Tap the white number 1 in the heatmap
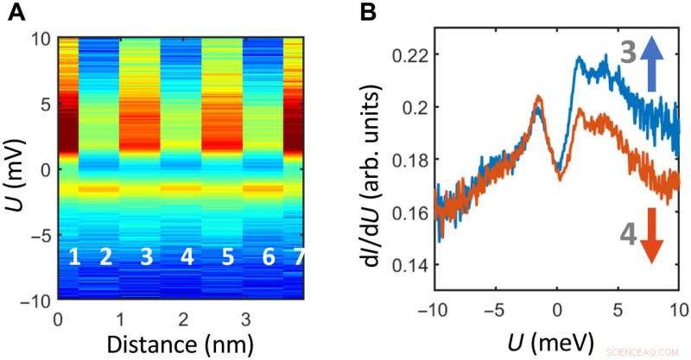coord(74,257)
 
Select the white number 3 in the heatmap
coord(146,257)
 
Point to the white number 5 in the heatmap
coord(228,257)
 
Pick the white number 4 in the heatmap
coord(187,257)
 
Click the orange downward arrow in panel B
coord(654,238)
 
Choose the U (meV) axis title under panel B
coord(555,343)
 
